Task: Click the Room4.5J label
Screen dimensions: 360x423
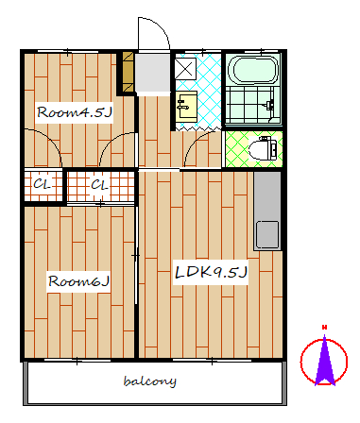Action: pos(75,112)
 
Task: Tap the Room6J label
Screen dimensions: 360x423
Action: pos(78,281)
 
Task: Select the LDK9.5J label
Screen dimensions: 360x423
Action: pos(211,272)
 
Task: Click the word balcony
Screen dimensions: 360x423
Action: pos(150,381)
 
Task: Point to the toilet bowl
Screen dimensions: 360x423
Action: pos(263,148)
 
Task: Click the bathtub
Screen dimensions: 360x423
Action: pos(253,70)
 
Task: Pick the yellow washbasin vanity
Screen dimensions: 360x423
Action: pos(186,107)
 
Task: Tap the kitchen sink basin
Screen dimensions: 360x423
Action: pos(267,234)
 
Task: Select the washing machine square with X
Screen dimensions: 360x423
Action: pos(185,68)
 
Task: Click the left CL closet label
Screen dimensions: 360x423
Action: pos(42,184)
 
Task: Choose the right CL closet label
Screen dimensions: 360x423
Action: pos(99,184)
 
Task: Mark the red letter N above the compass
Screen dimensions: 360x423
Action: pos(324,328)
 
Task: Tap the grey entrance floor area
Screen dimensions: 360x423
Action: pos(152,74)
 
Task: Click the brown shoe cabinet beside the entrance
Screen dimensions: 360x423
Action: pos(128,72)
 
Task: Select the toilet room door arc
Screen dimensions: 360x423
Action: pos(196,143)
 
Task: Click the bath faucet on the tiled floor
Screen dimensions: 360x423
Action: pos(270,105)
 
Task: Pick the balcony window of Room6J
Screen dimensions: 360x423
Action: pos(77,360)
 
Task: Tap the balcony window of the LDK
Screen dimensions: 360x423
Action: pos(212,360)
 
